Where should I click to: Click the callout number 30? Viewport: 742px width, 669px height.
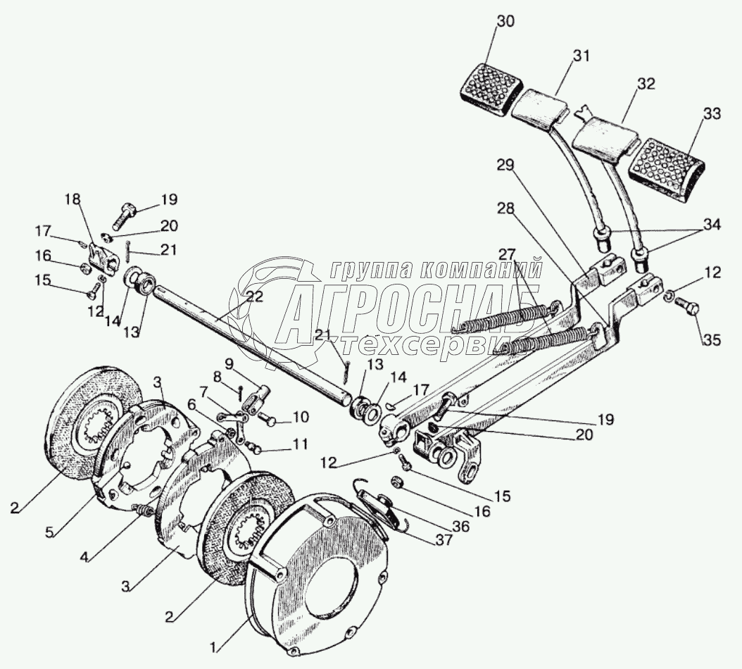coord(505,22)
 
